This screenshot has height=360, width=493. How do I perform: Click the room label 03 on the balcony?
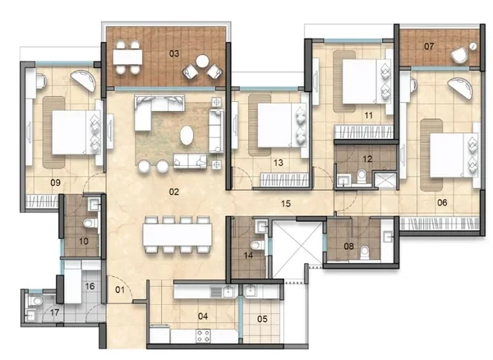tap(174, 53)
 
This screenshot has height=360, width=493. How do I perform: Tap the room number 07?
tap(429, 47)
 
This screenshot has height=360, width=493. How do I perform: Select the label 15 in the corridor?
tap(286, 204)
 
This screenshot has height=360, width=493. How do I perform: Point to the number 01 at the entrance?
tap(120, 290)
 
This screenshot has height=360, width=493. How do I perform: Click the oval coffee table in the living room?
tap(187, 135)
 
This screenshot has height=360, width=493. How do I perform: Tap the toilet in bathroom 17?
tap(36, 301)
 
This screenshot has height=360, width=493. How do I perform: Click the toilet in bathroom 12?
tap(362, 176)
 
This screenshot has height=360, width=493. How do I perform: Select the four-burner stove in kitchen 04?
tap(203, 336)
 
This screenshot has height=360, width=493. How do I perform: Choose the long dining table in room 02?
tap(177, 234)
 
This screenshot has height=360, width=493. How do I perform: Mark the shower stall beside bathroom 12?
tap(385, 180)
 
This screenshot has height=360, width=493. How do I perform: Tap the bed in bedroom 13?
tap(282, 126)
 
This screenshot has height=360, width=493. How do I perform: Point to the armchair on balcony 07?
tap(459, 55)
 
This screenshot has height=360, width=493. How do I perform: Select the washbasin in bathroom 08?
tap(387, 236)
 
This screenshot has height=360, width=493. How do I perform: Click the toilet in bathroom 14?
tap(257, 245)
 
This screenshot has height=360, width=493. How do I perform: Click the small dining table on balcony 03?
tap(127, 58)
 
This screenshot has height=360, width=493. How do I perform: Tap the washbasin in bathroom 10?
tap(94, 205)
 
